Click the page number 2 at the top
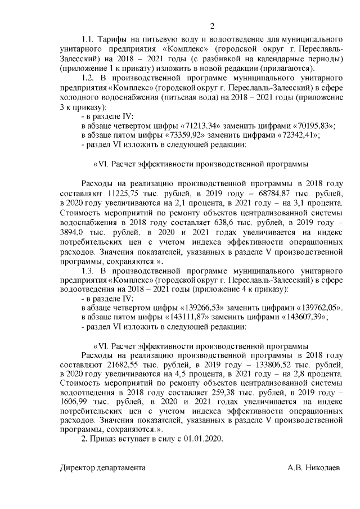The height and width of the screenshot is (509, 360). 212,26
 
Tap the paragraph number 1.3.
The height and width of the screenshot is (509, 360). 89,271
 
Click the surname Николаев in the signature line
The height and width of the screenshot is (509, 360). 323,468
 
